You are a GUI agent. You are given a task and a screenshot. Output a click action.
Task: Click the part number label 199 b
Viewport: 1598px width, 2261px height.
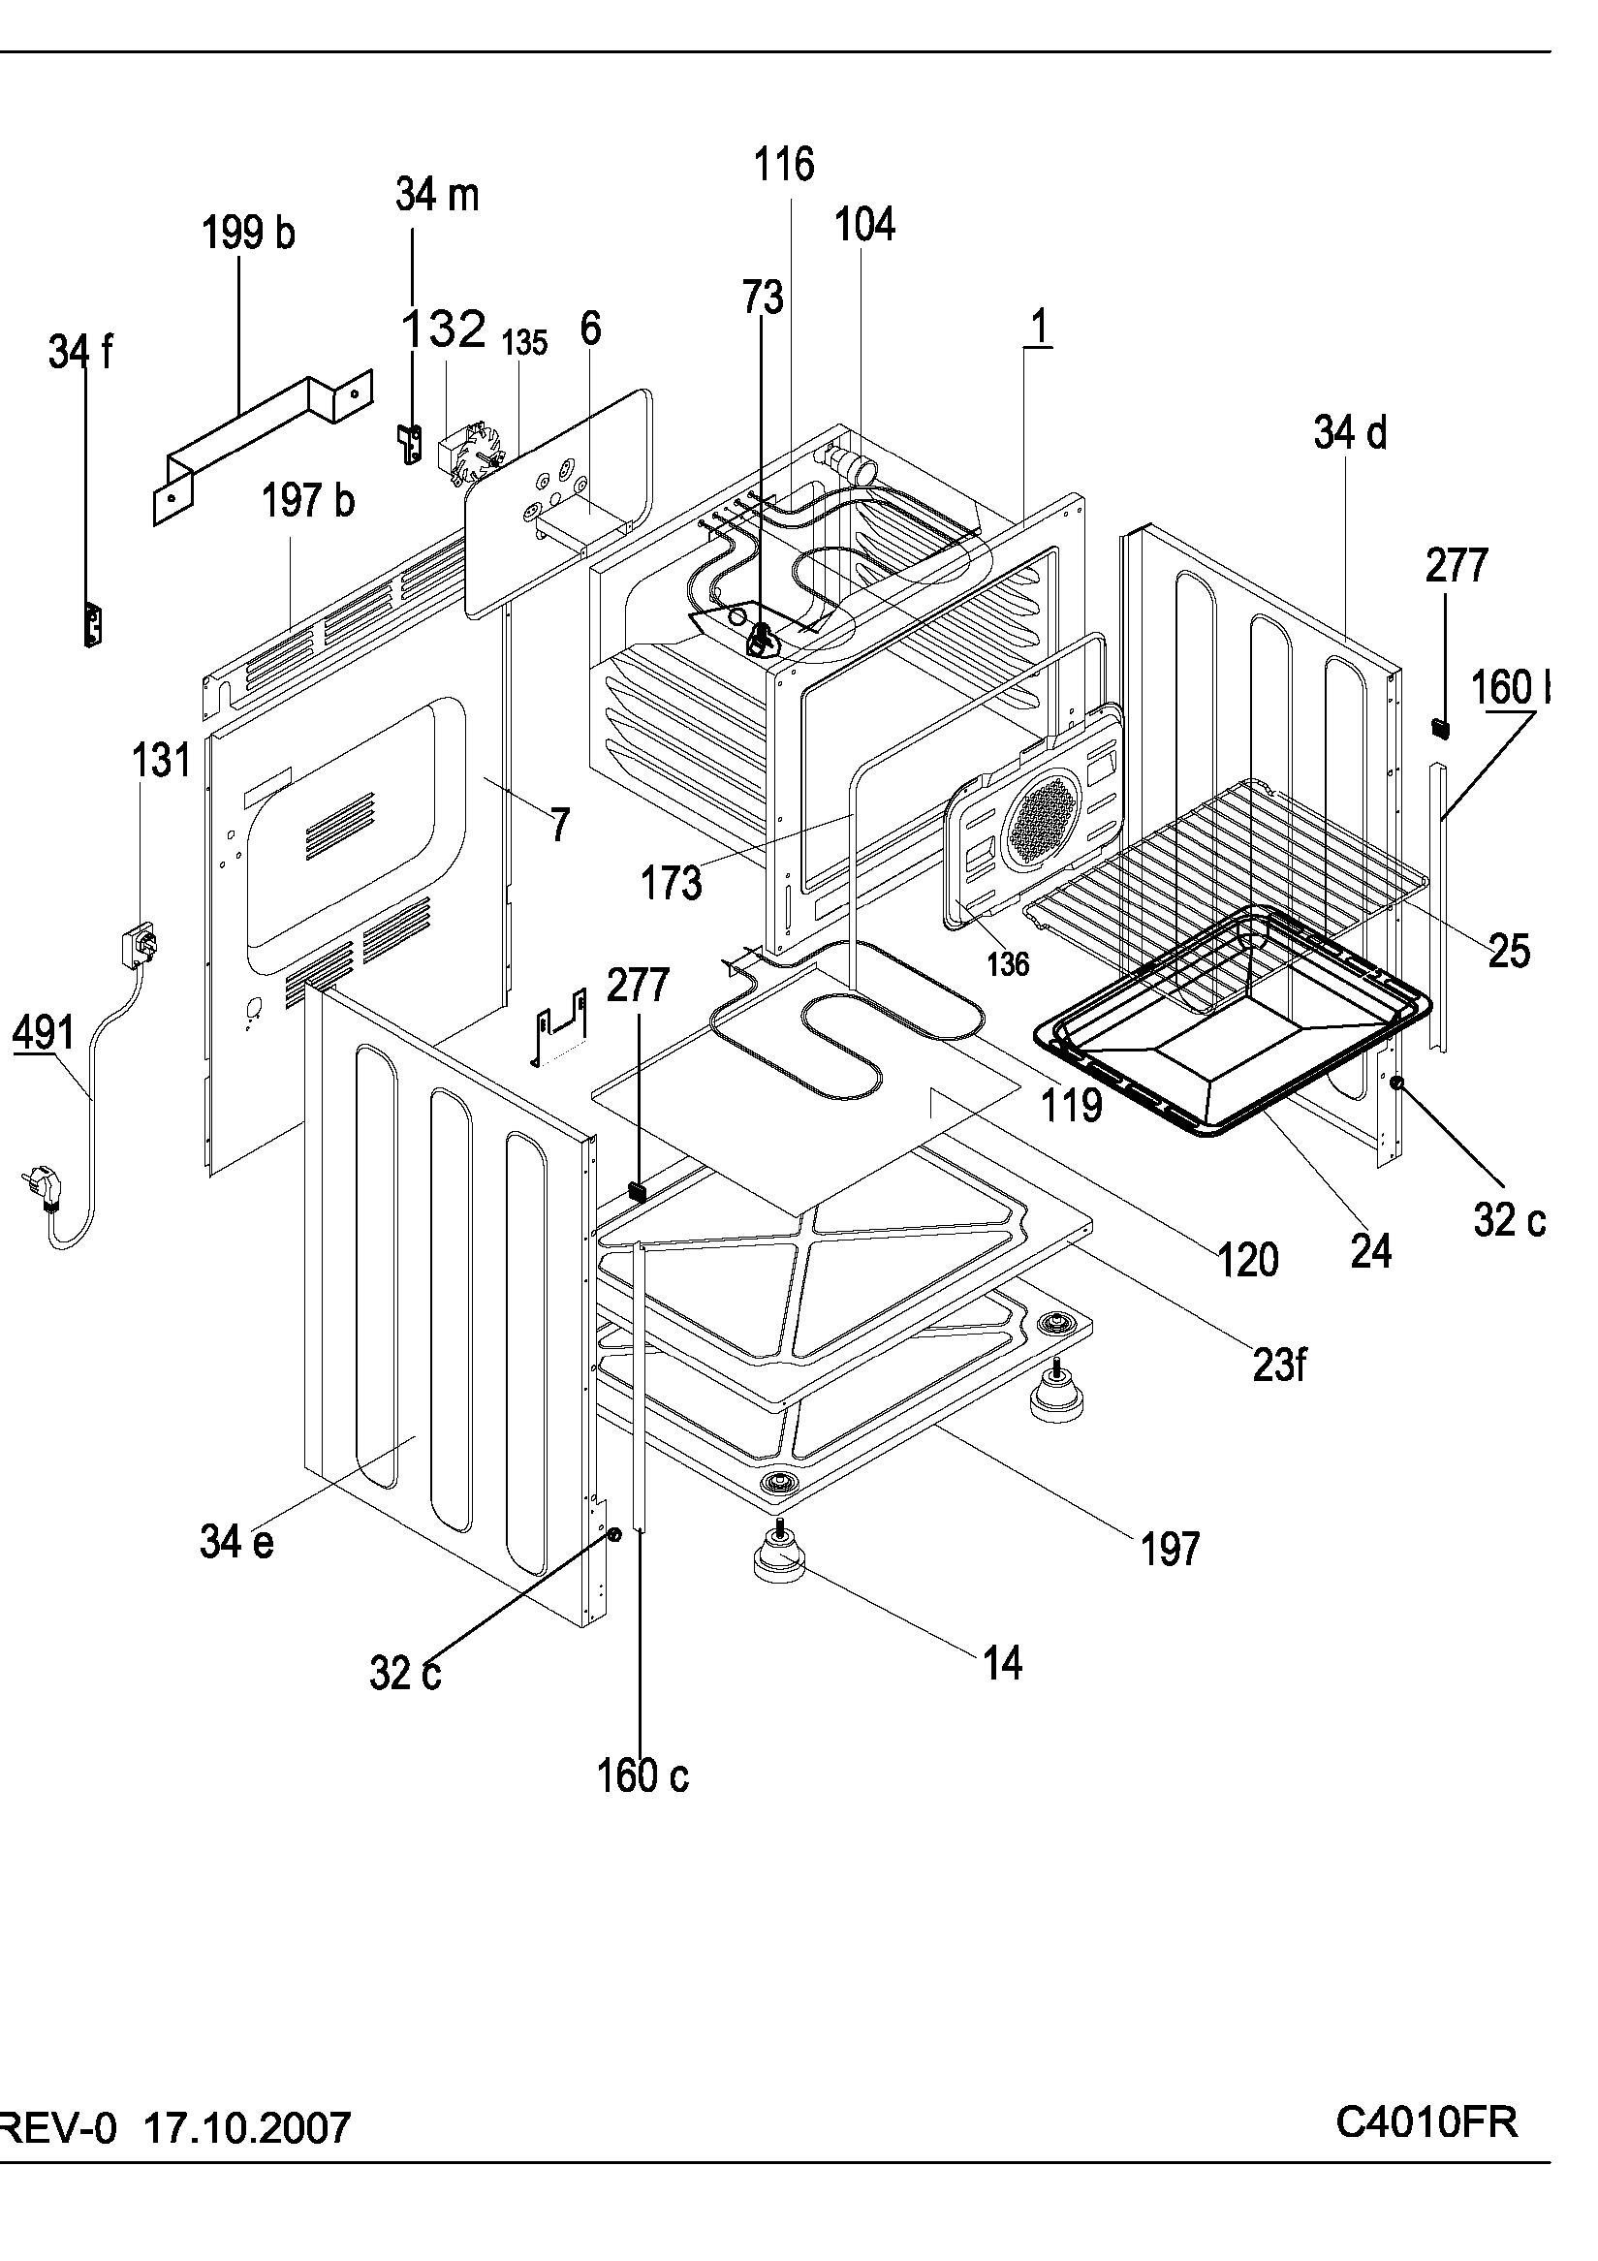[x=248, y=234]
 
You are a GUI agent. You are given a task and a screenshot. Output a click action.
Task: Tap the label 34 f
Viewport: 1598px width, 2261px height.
[x=80, y=352]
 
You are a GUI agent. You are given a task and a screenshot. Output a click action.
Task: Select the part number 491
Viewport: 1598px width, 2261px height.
[x=45, y=1033]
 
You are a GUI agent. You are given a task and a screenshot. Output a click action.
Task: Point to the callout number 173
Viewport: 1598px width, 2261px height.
[x=672, y=882]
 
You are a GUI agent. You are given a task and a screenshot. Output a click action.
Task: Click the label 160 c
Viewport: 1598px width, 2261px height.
[x=642, y=1774]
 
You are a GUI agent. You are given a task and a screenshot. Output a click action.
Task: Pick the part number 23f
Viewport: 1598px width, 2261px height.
[x=1279, y=1364]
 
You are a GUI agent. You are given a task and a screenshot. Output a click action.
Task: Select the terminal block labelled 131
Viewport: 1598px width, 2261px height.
[x=139, y=943]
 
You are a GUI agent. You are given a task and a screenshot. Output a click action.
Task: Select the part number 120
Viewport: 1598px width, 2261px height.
[x=1248, y=1260]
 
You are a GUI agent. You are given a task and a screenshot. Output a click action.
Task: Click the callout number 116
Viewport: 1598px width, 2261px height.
[x=785, y=165]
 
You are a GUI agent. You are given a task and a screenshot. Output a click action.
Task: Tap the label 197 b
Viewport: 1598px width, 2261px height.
[x=308, y=501]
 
